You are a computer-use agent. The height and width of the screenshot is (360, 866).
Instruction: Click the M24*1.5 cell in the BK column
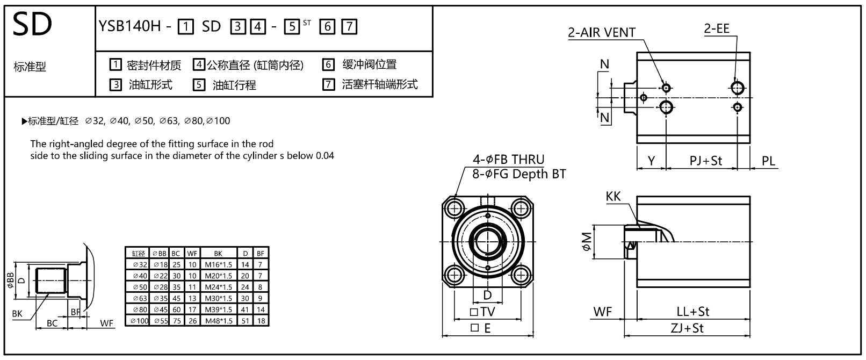(218, 287)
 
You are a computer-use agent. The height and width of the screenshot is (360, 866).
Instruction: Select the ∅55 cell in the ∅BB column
(160, 321)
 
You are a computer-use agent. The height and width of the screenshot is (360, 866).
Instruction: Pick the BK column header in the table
(218, 253)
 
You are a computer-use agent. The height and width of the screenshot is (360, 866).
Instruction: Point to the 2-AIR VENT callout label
(602, 32)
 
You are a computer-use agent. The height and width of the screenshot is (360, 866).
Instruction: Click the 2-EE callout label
(717, 28)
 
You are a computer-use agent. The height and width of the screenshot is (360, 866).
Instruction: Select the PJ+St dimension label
(706, 161)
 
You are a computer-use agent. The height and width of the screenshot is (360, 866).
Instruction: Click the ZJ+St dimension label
(687, 328)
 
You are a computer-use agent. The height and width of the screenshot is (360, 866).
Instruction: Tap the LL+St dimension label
(693, 312)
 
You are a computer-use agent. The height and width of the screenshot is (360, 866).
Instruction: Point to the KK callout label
(613, 197)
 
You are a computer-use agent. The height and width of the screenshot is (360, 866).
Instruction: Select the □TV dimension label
(482, 312)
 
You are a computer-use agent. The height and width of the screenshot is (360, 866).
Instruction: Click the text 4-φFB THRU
(508, 160)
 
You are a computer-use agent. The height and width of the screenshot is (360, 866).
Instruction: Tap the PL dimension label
(769, 161)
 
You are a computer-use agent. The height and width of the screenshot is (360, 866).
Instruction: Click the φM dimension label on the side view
(586, 241)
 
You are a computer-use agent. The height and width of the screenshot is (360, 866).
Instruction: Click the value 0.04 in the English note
(324, 156)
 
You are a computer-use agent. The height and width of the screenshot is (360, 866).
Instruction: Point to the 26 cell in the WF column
(193, 321)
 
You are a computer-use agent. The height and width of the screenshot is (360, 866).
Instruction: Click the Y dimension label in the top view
(651, 161)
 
